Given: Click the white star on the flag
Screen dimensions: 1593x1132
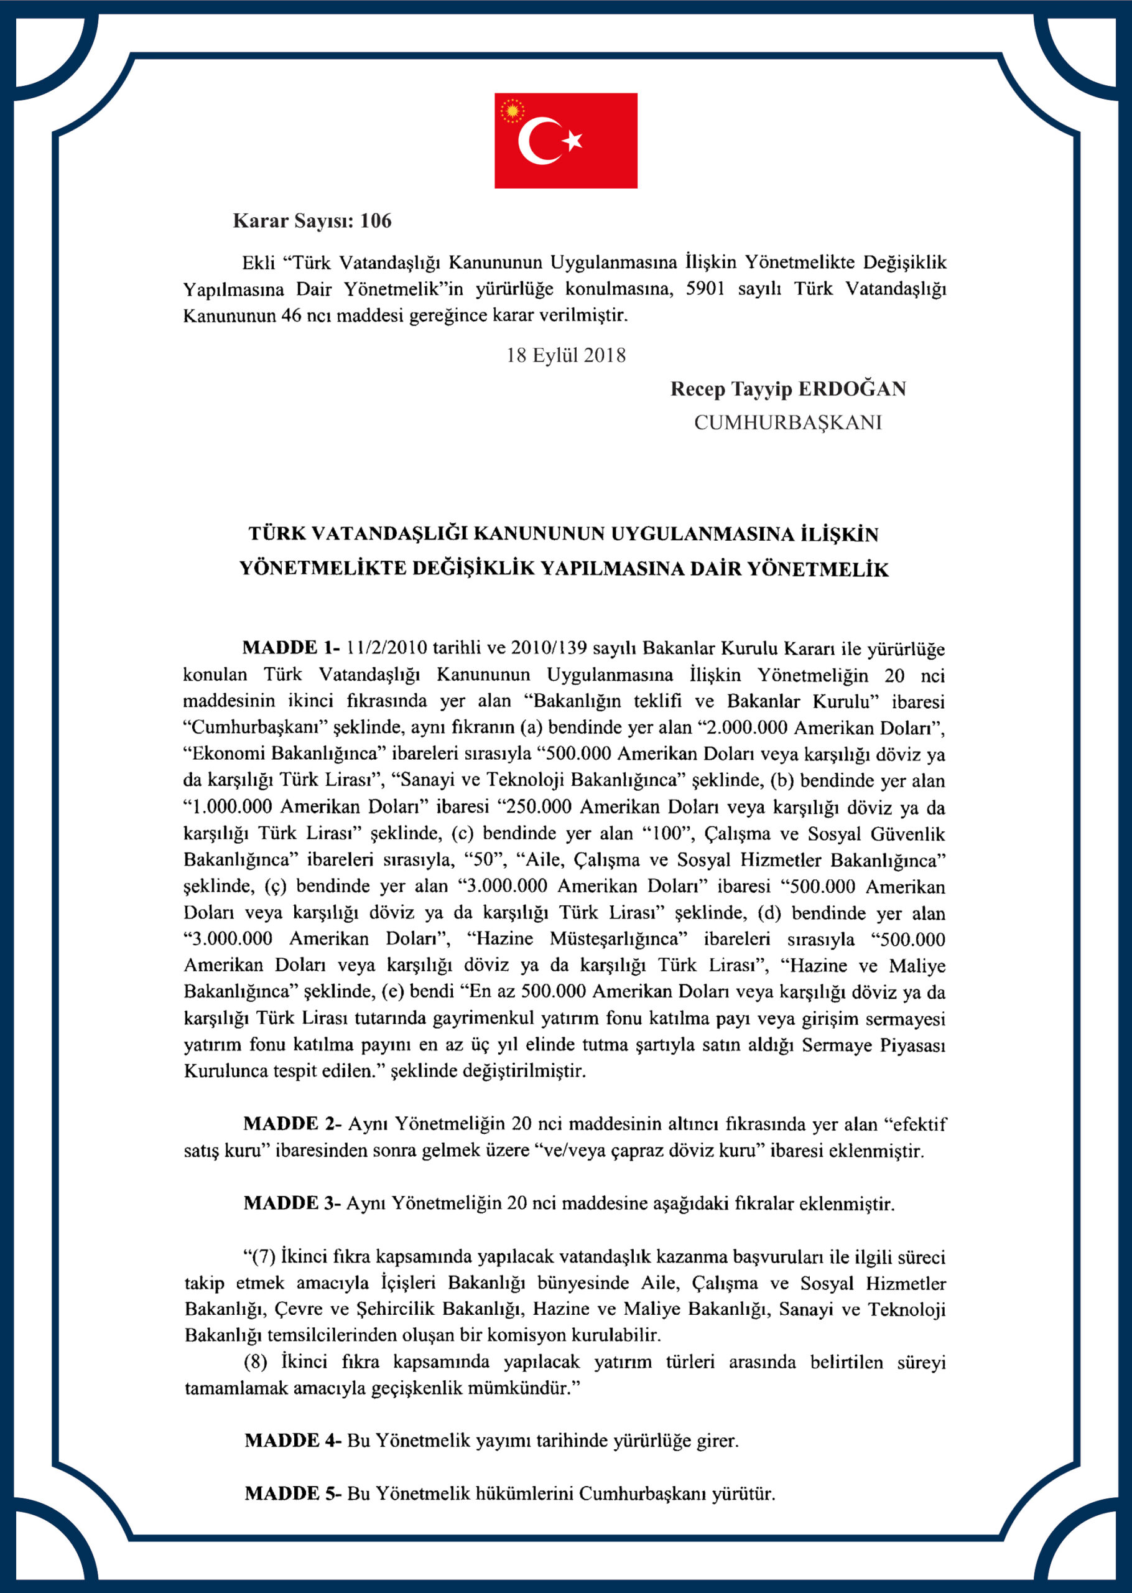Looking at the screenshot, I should tap(573, 140).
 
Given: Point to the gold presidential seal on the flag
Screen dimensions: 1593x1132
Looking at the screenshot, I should tap(513, 111).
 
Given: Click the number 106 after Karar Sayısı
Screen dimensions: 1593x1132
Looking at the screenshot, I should tap(376, 221).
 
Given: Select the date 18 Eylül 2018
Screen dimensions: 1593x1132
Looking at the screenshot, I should tap(565, 355).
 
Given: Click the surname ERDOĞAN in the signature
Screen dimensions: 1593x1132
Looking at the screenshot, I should tap(851, 389).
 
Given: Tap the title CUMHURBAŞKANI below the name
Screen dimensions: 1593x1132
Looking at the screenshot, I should tap(787, 423).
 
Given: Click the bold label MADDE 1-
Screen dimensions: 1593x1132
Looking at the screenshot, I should tap(290, 648).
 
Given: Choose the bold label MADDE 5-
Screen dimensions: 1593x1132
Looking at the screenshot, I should tap(292, 1493).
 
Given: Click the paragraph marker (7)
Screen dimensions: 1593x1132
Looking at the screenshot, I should tap(259, 1256).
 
